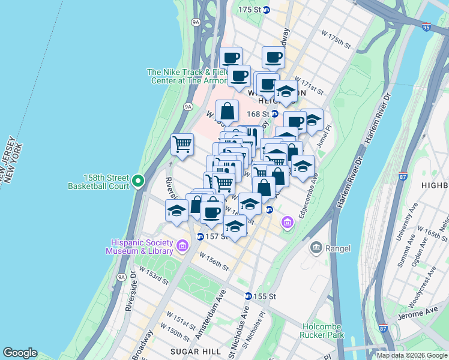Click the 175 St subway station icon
(266, 10)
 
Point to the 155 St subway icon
(248, 296)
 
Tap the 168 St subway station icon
(274, 113)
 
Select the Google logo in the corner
(20, 353)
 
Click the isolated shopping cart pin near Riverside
(182, 144)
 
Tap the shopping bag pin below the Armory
(228, 112)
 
